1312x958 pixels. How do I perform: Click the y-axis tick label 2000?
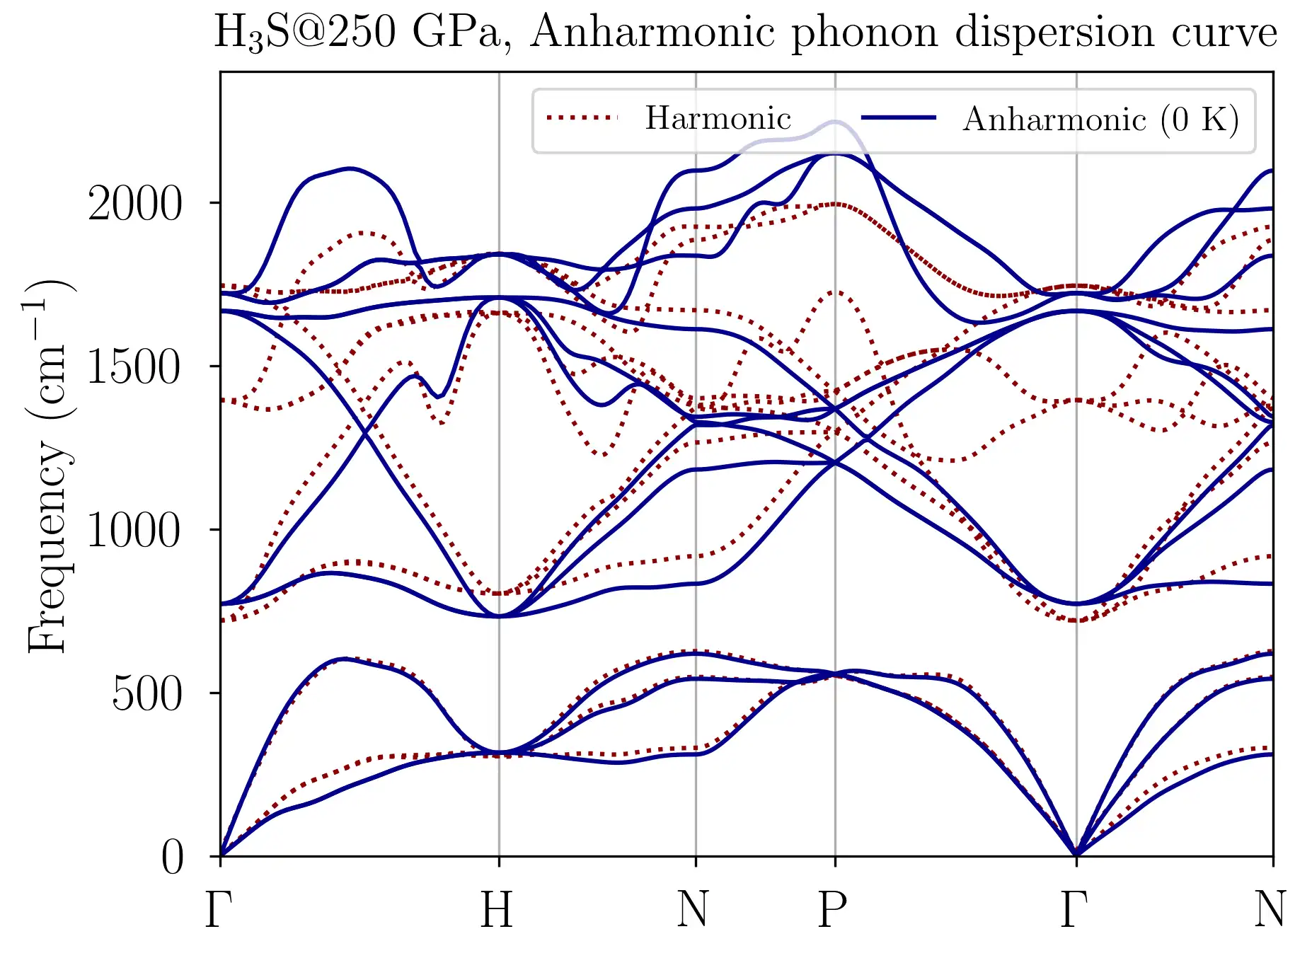134,204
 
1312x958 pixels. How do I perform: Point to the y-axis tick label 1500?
134,367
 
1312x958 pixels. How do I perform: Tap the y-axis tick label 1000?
134,531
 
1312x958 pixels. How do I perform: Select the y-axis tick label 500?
147,694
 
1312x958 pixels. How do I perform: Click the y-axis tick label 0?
173,858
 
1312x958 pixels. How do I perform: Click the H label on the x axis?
497,910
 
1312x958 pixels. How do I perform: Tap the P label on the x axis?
833,910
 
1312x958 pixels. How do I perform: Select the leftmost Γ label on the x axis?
219,910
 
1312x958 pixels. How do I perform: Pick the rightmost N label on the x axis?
1270,910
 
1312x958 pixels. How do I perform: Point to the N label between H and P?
693,910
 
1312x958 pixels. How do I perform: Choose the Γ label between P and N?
1074,910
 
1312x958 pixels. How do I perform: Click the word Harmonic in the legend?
718,118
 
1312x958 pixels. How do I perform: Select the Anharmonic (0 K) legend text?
1101,120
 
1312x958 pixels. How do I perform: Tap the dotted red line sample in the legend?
582,118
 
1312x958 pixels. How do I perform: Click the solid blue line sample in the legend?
899,118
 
